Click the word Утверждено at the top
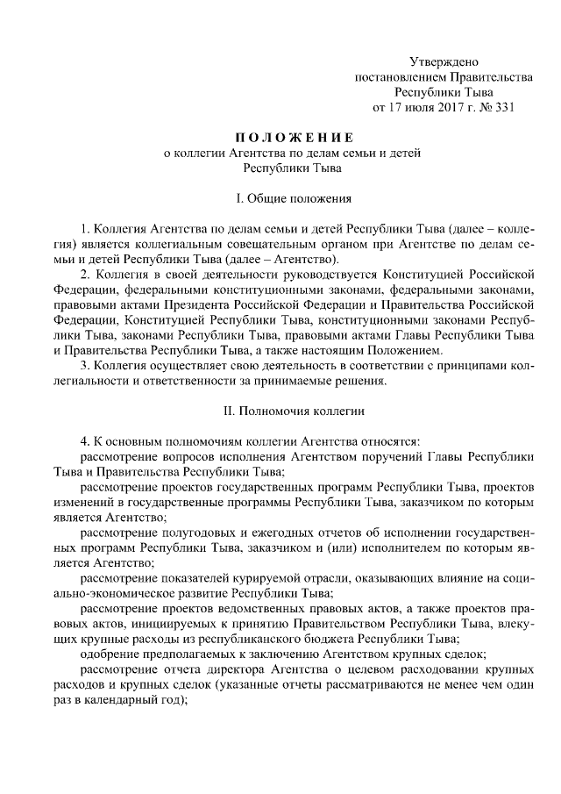point(443,61)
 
